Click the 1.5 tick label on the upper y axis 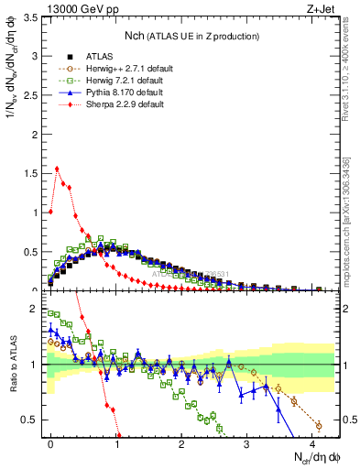pyautogui.click(x=28, y=171)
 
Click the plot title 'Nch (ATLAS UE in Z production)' pyautogui.click(x=192, y=36)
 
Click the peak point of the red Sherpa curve pyautogui.click(x=57, y=169)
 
